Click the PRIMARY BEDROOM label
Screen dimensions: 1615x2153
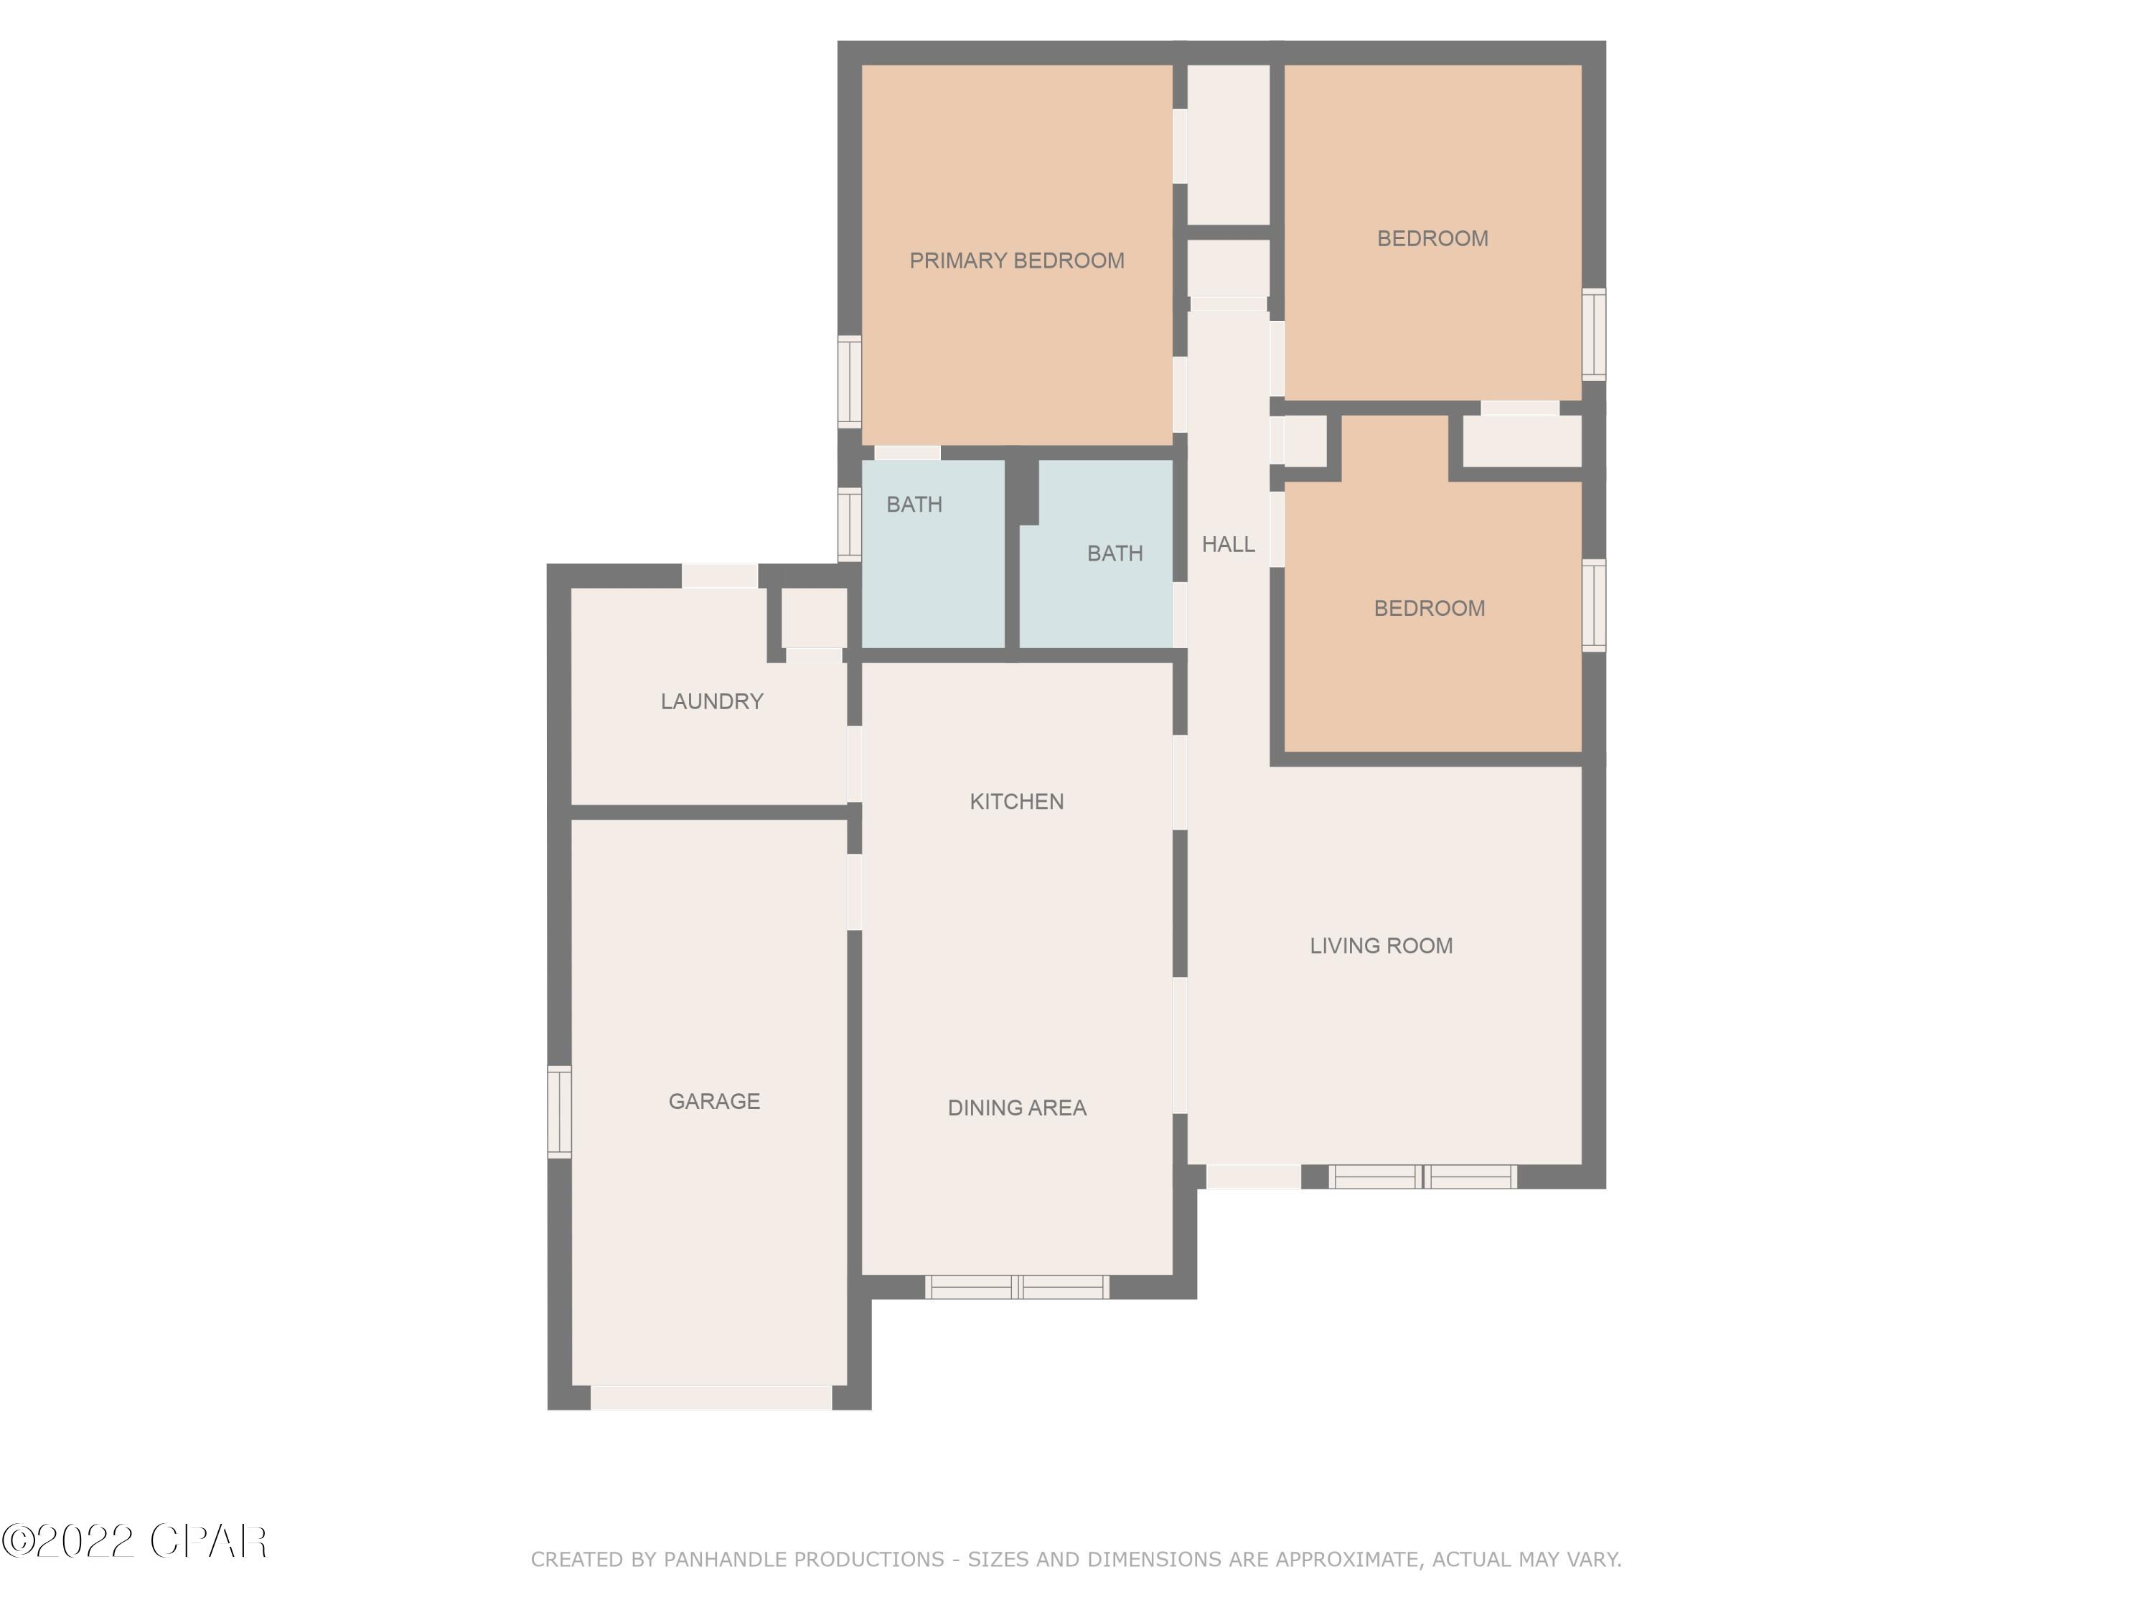tap(1016, 260)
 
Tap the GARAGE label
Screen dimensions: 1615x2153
tap(713, 1101)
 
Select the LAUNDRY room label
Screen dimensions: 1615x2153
tap(711, 701)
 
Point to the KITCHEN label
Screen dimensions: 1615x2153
tap(1016, 801)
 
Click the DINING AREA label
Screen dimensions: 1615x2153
tap(1016, 1108)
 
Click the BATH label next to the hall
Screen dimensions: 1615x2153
tap(1115, 553)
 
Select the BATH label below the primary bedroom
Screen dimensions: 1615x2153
tap(914, 505)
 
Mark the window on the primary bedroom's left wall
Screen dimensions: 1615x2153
tap(850, 382)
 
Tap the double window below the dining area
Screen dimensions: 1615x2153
tap(1016, 1287)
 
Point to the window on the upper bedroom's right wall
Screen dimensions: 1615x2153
tap(1593, 334)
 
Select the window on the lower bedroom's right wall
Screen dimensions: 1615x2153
tap(1593, 604)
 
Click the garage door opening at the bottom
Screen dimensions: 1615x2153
tap(710, 1398)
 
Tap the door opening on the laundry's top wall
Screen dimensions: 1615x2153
tap(719, 576)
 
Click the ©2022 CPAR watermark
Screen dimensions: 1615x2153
tap(134, 1541)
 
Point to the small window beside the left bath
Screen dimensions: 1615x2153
tap(850, 524)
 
